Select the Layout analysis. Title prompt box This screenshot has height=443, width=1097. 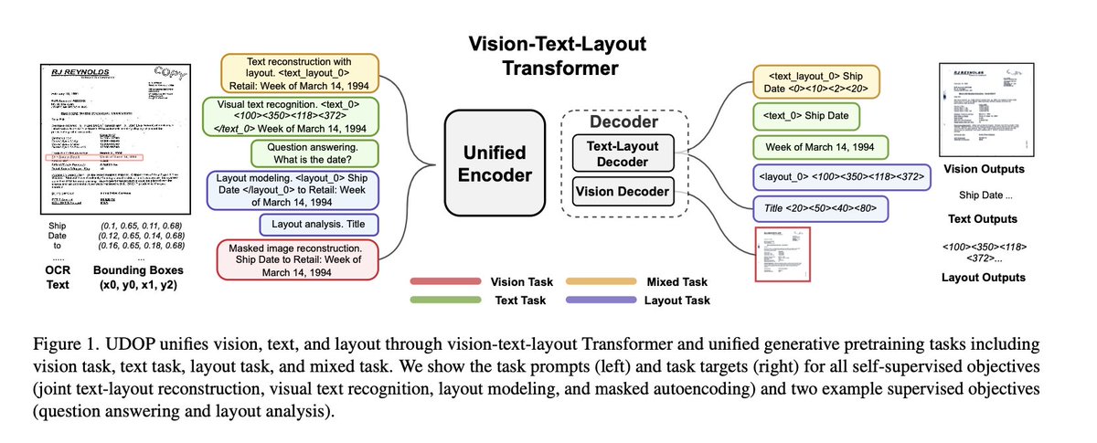(318, 223)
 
